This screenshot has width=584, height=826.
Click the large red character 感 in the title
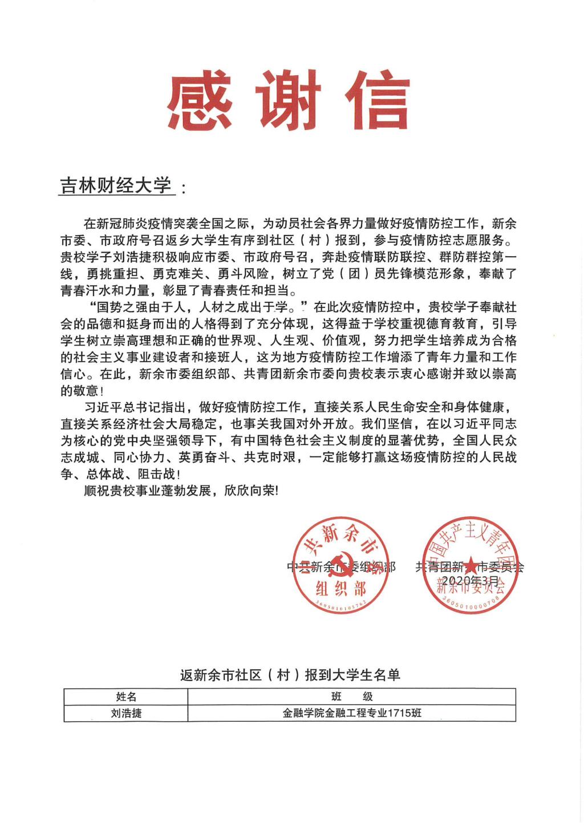click(x=200, y=101)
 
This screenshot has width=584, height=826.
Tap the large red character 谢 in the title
click(x=291, y=101)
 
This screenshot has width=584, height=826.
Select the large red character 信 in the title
click(x=379, y=101)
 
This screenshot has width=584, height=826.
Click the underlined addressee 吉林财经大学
click(x=116, y=185)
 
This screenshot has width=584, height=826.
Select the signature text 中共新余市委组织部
click(x=341, y=567)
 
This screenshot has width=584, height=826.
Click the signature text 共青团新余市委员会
click(x=469, y=567)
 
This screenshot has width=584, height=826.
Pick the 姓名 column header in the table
click(x=126, y=697)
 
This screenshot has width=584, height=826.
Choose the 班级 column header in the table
click(x=352, y=697)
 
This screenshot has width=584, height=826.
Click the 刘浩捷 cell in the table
click(x=126, y=713)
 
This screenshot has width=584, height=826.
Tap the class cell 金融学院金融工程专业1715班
click(x=352, y=713)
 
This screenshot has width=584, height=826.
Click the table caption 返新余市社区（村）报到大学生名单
click(x=290, y=675)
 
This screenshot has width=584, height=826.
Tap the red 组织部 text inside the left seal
click(x=341, y=588)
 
